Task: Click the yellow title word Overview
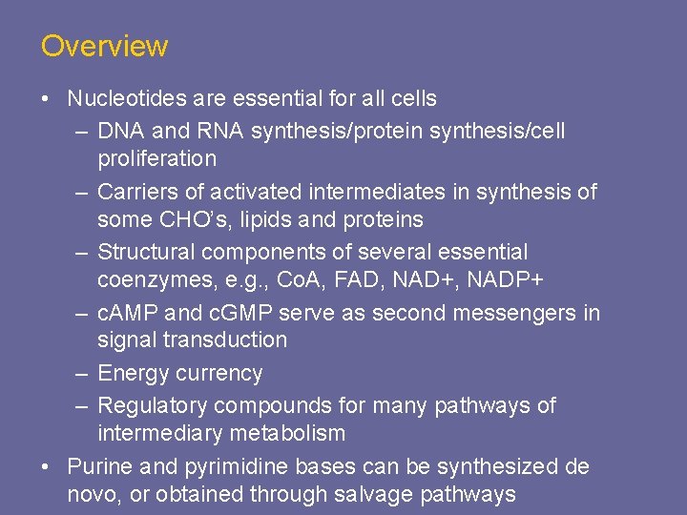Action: (x=104, y=46)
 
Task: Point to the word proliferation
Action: (x=156, y=158)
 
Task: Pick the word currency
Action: (x=219, y=374)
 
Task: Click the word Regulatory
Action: (x=153, y=406)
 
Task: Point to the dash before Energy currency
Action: (x=82, y=374)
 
